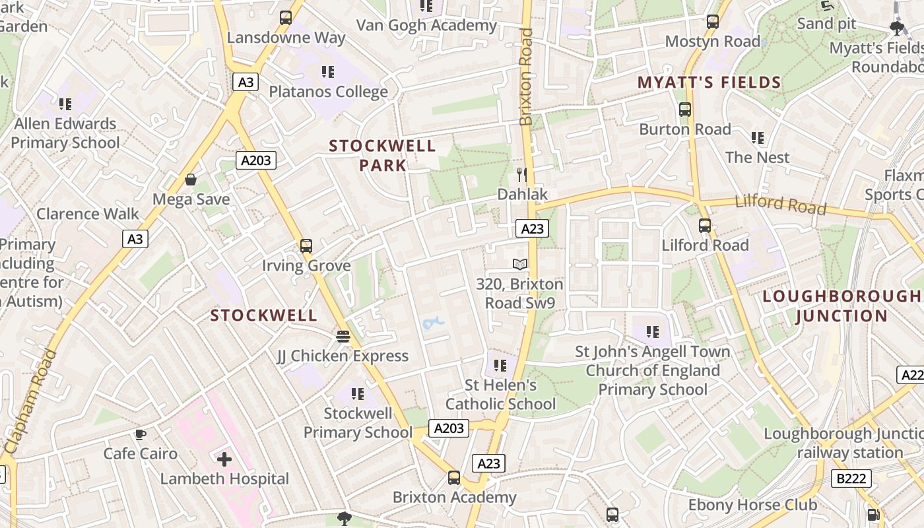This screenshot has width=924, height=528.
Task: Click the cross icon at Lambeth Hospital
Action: pos(224,459)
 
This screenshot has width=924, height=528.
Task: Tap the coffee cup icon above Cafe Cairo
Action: pos(140,434)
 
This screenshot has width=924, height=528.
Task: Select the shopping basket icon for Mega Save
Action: pos(191,180)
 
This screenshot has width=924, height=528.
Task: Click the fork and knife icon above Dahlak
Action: pos(522,174)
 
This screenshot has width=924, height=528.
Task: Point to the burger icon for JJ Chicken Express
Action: pos(343,337)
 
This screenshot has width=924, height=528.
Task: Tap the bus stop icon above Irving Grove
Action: pos(306,246)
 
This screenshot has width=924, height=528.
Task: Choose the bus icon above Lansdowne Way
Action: pos(286,18)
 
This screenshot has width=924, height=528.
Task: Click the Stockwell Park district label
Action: pos(382,155)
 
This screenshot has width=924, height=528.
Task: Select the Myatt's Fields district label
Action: pos(709,82)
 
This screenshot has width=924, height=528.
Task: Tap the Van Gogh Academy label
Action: pos(426,26)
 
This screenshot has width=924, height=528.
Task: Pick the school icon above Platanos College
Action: pos(327,72)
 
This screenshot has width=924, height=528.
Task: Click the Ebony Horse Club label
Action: pos(752,506)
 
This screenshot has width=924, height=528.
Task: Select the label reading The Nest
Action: pos(757,157)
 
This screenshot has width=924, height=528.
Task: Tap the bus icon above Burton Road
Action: pos(685,110)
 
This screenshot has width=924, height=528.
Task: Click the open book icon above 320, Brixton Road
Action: pos(520,265)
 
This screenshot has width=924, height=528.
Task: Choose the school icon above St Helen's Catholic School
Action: pos(500,365)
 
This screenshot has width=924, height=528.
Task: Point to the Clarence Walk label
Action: pos(88,214)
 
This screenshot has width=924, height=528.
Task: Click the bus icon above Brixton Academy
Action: pos(454,478)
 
